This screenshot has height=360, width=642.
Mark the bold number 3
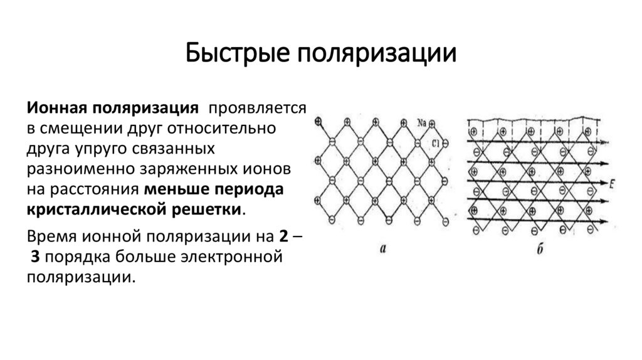point(35,257)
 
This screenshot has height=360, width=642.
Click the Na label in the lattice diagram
point(421,123)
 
